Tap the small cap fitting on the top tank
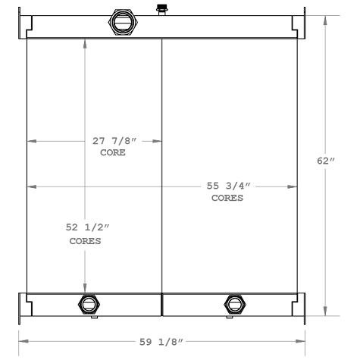point(161,9)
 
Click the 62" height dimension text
point(325,161)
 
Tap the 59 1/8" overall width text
point(161,341)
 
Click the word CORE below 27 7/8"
point(112,152)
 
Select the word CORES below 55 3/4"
point(227,199)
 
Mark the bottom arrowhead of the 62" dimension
point(326,313)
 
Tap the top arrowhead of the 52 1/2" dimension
point(85,42)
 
